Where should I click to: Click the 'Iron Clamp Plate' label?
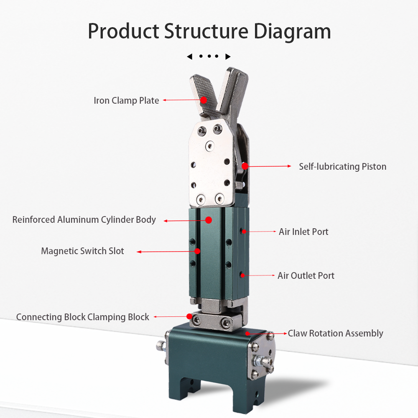(x=126, y=101)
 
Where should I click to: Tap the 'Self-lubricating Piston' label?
(x=342, y=166)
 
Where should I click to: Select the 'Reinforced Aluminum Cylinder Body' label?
(x=84, y=219)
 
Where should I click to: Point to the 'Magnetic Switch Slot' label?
(x=82, y=251)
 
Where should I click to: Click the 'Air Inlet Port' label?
(x=303, y=232)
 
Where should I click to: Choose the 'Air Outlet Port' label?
(x=306, y=275)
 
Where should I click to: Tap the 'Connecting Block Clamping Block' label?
(x=83, y=317)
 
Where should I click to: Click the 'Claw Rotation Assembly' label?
(x=336, y=333)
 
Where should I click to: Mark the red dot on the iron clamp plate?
(x=204, y=100)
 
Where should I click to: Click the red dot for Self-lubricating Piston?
(x=245, y=166)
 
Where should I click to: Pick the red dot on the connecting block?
(x=189, y=316)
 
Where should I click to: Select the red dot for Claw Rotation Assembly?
(x=248, y=333)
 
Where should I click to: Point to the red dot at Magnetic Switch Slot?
(x=198, y=251)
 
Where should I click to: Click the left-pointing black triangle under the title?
(x=189, y=56)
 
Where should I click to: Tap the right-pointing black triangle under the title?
(x=228, y=56)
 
